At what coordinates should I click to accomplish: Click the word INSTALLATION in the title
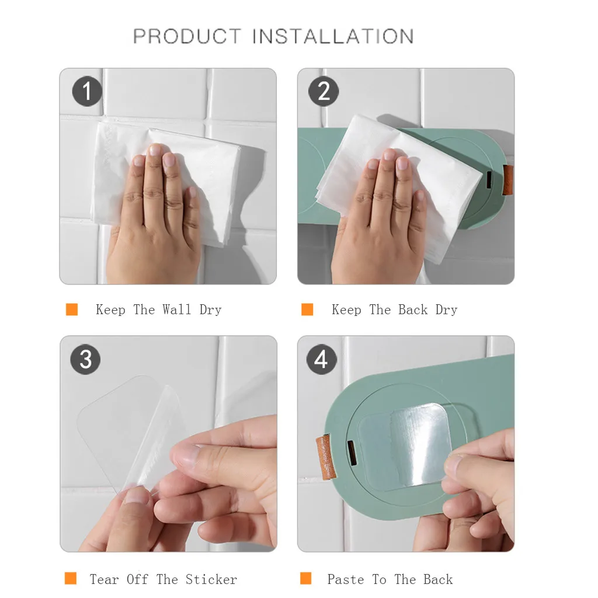click(333, 37)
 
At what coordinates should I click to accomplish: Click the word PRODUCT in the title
click(187, 37)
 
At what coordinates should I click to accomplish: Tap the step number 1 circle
click(88, 91)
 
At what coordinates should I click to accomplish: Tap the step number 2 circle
click(324, 91)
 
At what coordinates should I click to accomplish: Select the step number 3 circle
click(85, 359)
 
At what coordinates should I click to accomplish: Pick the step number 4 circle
click(322, 359)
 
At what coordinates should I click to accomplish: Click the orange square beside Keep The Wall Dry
click(72, 310)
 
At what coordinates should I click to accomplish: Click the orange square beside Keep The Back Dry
click(307, 310)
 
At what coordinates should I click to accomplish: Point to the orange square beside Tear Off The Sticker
click(71, 578)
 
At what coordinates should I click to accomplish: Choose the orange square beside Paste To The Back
click(306, 578)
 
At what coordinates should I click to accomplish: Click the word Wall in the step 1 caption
click(176, 310)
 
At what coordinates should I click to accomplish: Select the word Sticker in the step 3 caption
click(211, 579)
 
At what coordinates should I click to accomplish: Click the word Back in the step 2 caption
click(413, 310)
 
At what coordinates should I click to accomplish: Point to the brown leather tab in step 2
click(507, 180)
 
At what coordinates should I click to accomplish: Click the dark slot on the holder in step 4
click(352, 453)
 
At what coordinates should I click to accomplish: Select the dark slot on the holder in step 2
click(489, 180)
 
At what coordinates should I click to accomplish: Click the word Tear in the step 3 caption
click(104, 579)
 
